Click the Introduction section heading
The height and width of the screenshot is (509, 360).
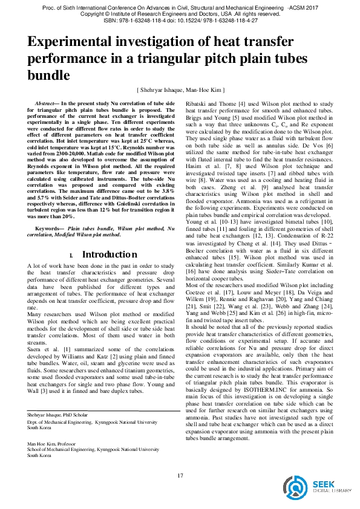[110, 254]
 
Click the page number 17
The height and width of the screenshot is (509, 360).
[180, 476]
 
